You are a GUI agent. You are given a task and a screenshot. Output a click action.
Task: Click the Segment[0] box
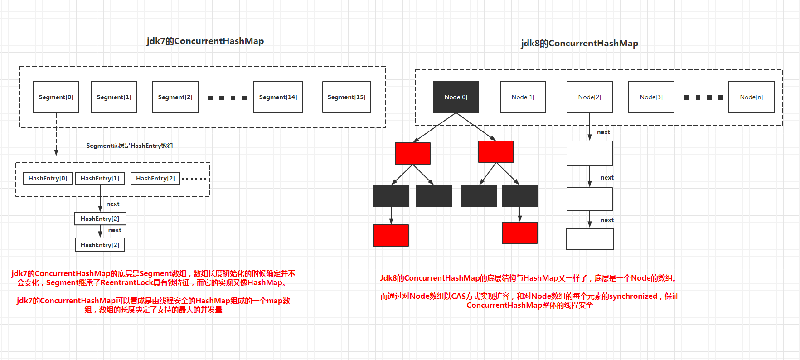point(56,97)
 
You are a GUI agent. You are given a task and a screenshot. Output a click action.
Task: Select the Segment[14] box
point(278,97)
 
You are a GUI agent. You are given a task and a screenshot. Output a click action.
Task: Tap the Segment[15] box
point(346,97)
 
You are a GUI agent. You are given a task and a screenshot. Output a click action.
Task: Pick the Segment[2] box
point(175,97)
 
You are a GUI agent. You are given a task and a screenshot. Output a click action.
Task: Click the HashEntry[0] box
point(48,178)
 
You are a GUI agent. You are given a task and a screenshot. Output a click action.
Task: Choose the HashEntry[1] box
point(100,178)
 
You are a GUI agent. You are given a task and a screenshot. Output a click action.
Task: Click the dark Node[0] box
point(456,97)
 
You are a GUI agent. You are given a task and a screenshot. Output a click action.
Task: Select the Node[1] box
point(523,97)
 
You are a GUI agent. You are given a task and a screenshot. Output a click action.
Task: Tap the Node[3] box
point(651,97)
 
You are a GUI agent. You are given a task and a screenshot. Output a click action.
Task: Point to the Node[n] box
point(751,97)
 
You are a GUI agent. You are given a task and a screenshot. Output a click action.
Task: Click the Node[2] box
point(589,97)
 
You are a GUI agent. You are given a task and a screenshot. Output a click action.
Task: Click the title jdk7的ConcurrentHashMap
point(205,41)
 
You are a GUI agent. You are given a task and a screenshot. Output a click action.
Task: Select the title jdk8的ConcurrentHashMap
point(579,44)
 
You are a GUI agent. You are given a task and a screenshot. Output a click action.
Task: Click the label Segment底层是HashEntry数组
point(130,146)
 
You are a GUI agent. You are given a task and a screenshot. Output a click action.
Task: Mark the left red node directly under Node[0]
point(412,153)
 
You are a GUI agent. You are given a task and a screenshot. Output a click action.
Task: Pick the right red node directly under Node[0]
point(496,151)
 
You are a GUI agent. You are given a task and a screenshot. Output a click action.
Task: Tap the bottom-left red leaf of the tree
point(391,235)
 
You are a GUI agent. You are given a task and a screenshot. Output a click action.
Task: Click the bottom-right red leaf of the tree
point(519,233)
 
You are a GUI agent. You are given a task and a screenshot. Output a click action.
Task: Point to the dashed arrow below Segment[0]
point(56,136)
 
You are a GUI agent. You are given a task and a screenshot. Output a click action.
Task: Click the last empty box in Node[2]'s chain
point(590,238)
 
